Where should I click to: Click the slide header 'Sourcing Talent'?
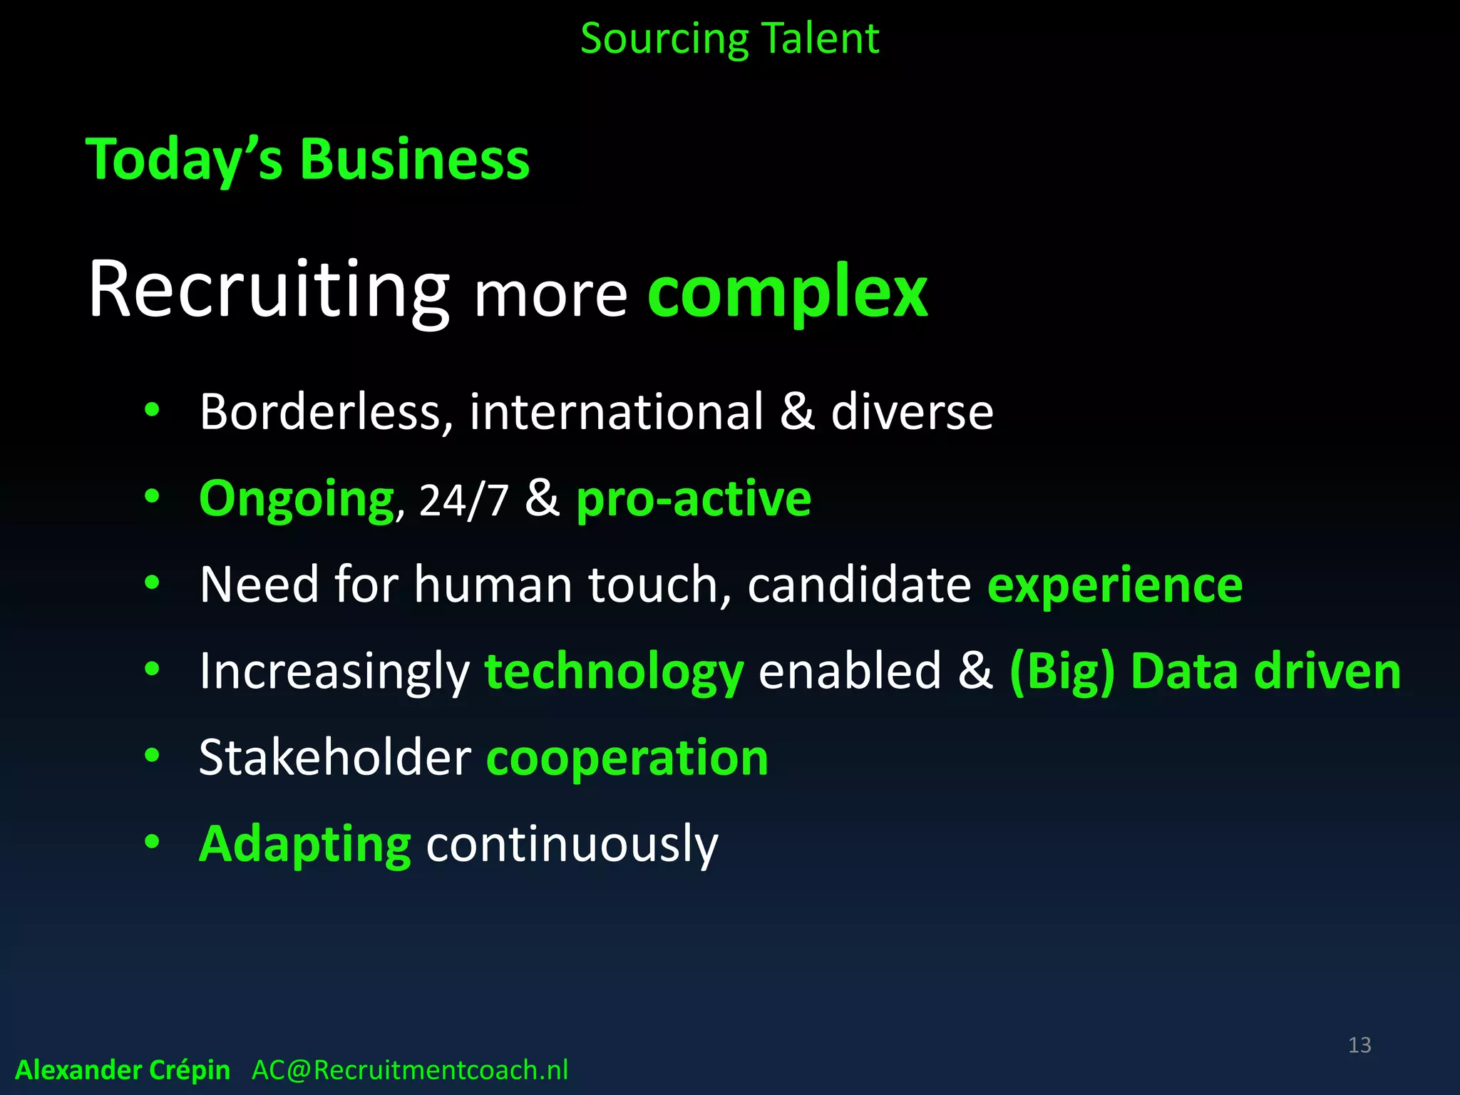(x=729, y=38)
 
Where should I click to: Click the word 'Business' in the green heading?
(x=414, y=159)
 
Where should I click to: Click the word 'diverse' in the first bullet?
(x=912, y=413)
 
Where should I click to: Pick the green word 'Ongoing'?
(x=297, y=500)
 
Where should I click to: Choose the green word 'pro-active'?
(x=694, y=500)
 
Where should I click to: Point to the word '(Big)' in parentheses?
(x=1062, y=672)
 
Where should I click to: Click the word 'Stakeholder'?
(x=335, y=758)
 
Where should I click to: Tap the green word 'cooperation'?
(x=627, y=758)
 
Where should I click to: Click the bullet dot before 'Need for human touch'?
(x=152, y=583)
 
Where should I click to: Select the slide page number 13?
(x=1359, y=1045)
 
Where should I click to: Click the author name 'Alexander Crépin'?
(x=123, y=1070)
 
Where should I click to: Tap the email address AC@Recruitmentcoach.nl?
(x=410, y=1070)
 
